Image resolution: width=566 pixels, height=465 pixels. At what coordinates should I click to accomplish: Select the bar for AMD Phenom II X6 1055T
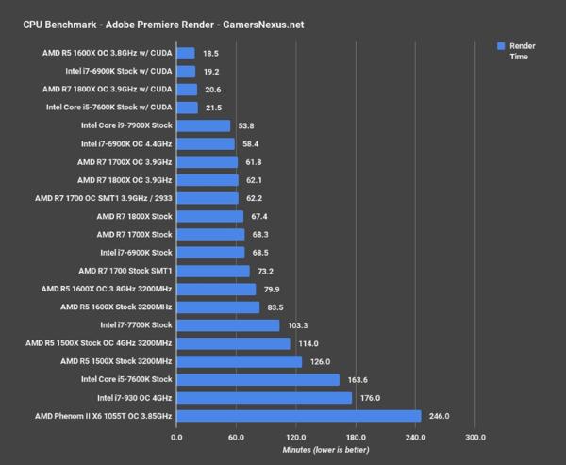(298, 415)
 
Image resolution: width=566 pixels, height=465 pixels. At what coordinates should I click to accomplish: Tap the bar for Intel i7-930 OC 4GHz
(264, 397)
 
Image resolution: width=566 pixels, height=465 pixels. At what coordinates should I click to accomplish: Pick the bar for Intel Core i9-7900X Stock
(203, 125)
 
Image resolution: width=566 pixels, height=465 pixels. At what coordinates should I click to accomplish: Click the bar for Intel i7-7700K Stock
(227, 325)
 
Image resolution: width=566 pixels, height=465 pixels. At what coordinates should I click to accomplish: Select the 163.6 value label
(360, 379)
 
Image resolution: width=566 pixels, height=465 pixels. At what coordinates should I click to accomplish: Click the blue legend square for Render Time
(500, 45)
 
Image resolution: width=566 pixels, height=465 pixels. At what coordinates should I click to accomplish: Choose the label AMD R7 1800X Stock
(134, 216)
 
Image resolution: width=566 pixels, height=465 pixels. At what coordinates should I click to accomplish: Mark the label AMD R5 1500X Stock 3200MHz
(115, 361)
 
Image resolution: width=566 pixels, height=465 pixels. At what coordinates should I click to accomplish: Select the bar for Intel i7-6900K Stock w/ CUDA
(186, 72)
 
